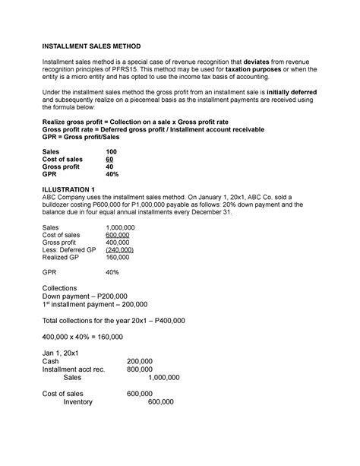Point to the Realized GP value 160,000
119,258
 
